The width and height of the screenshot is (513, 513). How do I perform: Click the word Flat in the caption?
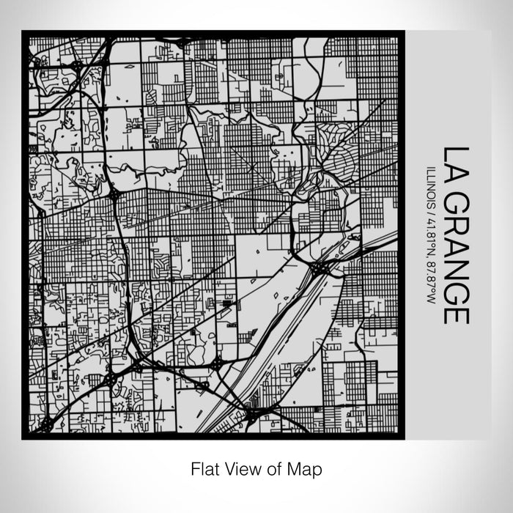tap(203, 468)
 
